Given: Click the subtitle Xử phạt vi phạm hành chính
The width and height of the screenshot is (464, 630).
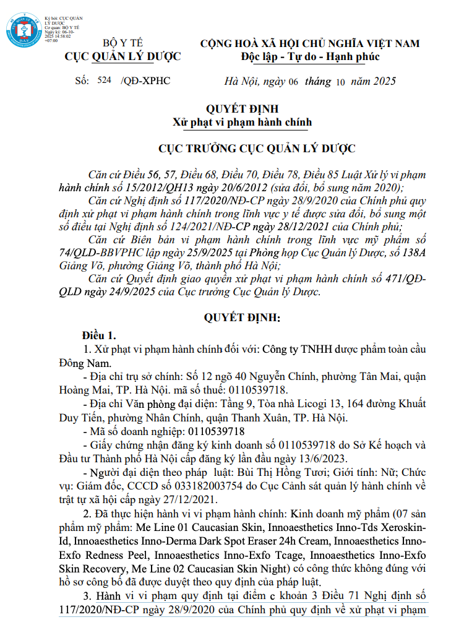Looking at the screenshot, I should (x=242, y=123).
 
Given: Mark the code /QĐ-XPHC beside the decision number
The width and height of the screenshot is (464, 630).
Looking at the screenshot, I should (x=146, y=81).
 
